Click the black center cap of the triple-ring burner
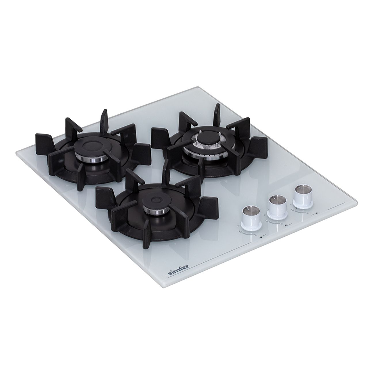[x=208, y=138]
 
